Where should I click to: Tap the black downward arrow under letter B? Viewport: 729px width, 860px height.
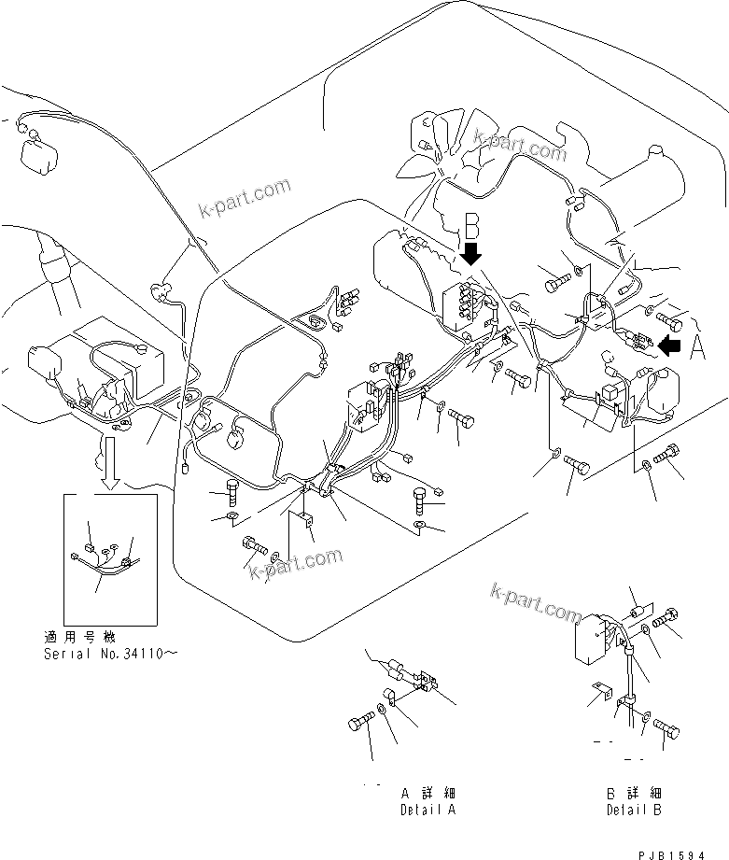[x=472, y=253]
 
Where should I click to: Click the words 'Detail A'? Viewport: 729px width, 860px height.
[x=428, y=810]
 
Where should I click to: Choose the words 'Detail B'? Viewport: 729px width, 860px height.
[x=634, y=810]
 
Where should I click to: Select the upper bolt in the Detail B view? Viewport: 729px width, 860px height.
[x=665, y=618]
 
